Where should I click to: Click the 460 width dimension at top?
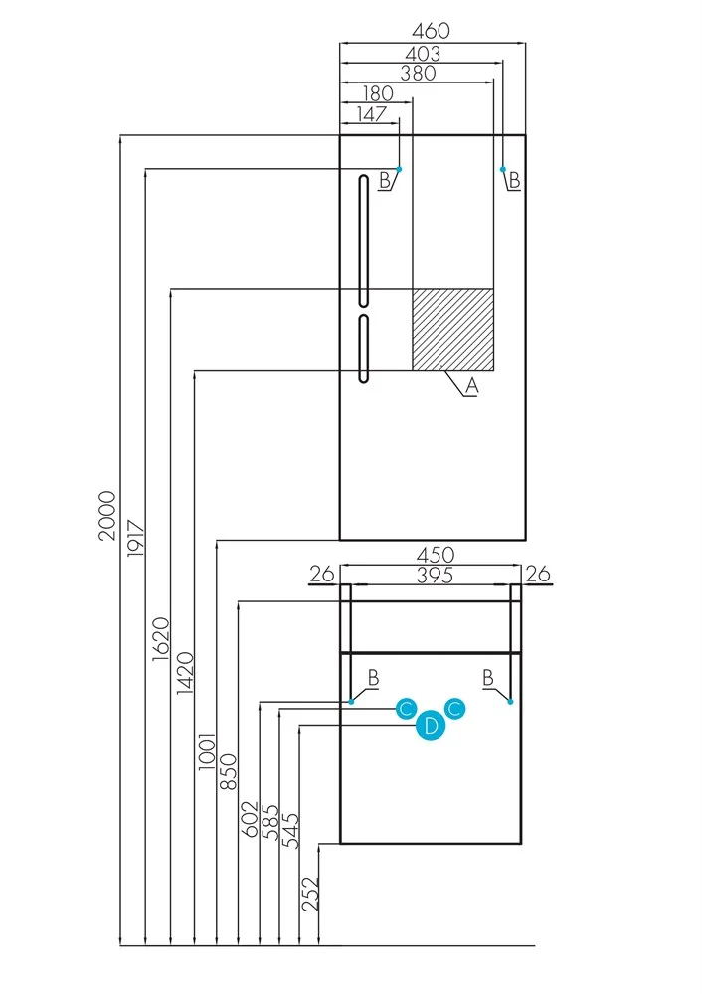pyautogui.click(x=432, y=33)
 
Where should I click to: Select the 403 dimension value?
pyautogui.click(x=420, y=54)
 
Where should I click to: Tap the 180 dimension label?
pyautogui.click(x=376, y=93)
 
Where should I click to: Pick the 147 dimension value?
pyautogui.click(x=369, y=114)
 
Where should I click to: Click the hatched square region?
pyautogui.click(x=453, y=329)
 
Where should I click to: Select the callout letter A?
pyautogui.click(x=472, y=387)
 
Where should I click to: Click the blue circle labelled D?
pyautogui.click(x=431, y=727)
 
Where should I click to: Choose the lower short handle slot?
pyautogui.click(x=364, y=348)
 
